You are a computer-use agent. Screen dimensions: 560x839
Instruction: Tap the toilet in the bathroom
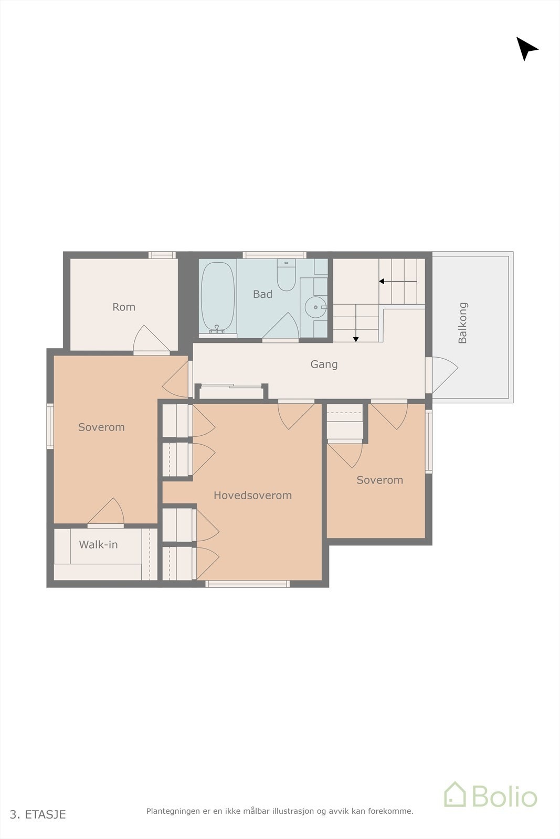(287, 275)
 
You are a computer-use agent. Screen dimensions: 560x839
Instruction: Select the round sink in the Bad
(315, 307)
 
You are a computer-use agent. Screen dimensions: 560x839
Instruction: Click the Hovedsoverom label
(252, 495)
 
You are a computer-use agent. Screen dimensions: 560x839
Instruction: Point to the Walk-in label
(98, 544)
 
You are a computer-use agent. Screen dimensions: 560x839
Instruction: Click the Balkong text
(462, 323)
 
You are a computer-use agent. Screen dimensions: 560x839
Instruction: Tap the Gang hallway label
(324, 364)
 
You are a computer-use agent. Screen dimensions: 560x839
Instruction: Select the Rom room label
(124, 307)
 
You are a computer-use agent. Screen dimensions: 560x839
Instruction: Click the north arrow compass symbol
(526, 49)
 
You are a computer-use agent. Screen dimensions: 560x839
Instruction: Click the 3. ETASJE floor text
(38, 814)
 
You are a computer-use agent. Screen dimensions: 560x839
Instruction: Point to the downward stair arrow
(356, 323)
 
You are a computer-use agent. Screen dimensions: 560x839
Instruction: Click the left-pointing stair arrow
(398, 281)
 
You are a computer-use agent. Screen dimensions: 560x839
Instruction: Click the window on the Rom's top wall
(162, 255)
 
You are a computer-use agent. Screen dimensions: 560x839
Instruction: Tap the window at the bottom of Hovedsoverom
(247, 584)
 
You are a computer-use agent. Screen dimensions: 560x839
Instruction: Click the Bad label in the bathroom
(262, 294)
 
